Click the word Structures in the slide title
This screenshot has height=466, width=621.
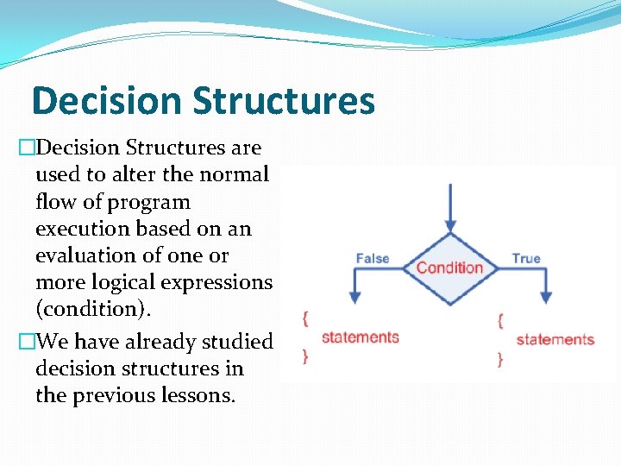tap(284, 100)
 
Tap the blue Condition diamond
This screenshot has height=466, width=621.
tap(449, 268)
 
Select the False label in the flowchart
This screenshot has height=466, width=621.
tap(373, 258)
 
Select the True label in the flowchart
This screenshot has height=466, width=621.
tap(526, 258)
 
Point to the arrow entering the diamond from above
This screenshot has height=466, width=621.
tap(449, 207)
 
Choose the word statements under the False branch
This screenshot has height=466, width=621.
tap(360, 337)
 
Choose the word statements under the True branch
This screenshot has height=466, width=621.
tap(555, 339)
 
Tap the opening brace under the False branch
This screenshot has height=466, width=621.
tap(304, 318)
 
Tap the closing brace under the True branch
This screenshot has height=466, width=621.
tap(500, 359)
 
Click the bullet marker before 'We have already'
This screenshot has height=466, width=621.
tap(25, 342)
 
